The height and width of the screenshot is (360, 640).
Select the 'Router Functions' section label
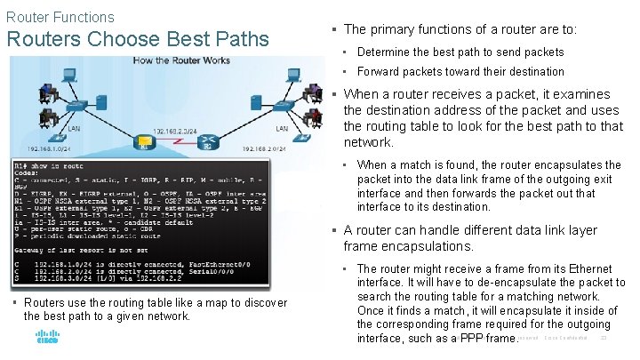pos(60,17)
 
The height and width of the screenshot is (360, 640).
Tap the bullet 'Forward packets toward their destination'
pos(460,71)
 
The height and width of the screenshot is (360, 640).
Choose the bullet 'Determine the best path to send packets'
pos(460,52)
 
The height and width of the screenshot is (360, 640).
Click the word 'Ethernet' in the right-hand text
pos(588,268)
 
